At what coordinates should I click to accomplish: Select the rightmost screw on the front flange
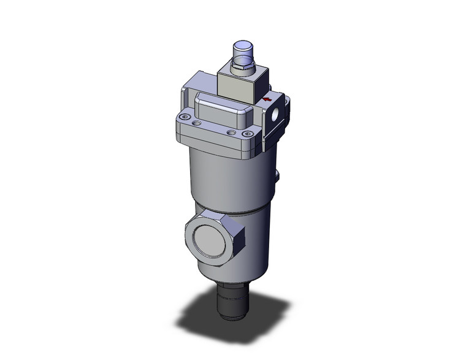tap(247, 132)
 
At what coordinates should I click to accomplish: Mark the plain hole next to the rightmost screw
tap(231, 131)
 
